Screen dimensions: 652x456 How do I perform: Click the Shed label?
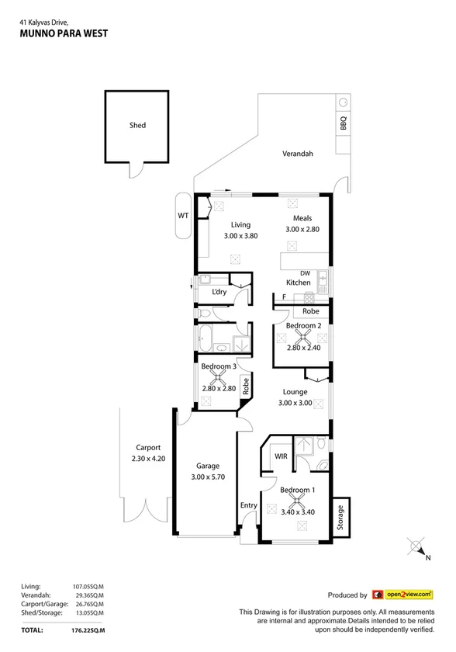click(x=137, y=125)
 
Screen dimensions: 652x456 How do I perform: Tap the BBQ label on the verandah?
click(x=342, y=122)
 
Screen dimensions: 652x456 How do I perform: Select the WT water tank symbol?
click(x=184, y=214)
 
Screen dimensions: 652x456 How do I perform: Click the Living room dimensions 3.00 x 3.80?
click(x=240, y=235)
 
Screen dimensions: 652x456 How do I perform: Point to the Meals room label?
click(x=302, y=219)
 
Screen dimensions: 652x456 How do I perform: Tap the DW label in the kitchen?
click(x=305, y=273)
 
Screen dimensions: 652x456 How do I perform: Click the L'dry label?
click(x=219, y=292)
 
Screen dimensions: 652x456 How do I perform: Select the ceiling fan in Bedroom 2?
click(x=302, y=336)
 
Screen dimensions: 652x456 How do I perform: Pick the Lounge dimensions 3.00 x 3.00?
click(x=295, y=403)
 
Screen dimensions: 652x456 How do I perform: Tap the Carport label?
click(x=147, y=448)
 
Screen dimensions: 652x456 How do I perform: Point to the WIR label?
click(x=281, y=456)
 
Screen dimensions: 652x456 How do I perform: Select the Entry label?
click(x=248, y=505)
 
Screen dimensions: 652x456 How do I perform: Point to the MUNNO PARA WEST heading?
click(x=64, y=33)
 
